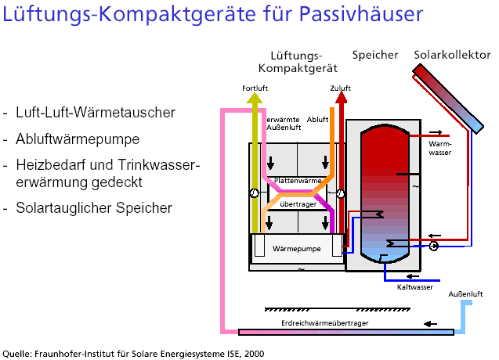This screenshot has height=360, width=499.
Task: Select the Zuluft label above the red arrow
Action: (341, 88)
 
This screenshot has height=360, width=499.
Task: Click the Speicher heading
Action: (373, 55)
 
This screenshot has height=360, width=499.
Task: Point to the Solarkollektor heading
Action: (450, 55)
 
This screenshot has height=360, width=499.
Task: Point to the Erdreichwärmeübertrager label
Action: (324, 322)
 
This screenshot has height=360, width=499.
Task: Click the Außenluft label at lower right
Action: (463, 294)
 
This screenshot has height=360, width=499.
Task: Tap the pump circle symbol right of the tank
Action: (433, 245)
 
